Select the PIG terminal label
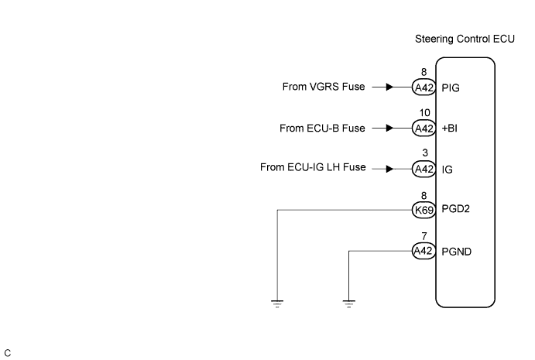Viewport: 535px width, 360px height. (x=451, y=87)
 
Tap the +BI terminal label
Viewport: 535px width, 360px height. (x=450, y=129)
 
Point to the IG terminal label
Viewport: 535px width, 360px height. (x=447, y=169)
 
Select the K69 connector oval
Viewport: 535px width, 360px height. (x=424, y=209)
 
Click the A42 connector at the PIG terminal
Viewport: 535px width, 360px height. (x=424, y=87)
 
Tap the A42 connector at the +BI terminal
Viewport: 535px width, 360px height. (x=424, y=129)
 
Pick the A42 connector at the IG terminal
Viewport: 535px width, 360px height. (x=424, y=169)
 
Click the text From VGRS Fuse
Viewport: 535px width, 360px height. (x=324, y=87)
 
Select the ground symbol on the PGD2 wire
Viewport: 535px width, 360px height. (x=277, y=302)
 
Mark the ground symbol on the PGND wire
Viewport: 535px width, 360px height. (x=349, y=302)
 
